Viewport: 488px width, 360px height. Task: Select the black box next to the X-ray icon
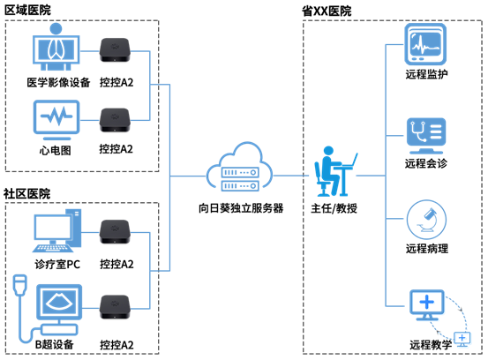point(115,50)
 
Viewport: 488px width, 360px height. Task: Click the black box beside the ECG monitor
point(115,120)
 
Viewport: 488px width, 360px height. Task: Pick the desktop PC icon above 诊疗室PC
point(57,230)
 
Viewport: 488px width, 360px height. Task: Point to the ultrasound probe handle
point(20,285)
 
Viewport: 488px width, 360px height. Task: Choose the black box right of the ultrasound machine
point(115,307)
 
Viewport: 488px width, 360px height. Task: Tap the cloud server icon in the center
point(240,167)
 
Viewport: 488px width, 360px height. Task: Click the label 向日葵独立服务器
point(241,208)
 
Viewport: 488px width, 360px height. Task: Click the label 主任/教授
point(334,208)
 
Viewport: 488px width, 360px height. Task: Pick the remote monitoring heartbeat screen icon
point(425,44)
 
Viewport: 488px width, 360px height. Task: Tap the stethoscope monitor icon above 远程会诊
point(426,136)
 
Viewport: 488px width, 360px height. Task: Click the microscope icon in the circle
point(426,220)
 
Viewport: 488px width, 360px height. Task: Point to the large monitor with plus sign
point(427,305)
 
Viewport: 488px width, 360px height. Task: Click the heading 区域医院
point(27,10)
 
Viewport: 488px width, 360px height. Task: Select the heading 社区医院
point(26,193)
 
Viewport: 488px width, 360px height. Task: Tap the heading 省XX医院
point(327,11)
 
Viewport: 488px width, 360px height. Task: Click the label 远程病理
point(427,248)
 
